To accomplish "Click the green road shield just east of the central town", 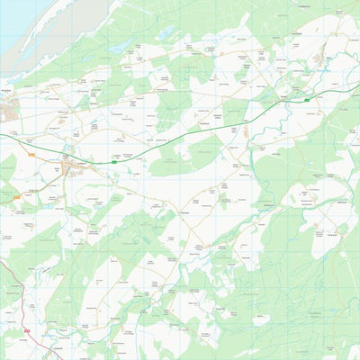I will [x=114, y=162].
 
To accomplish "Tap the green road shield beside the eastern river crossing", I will [x=308, y=101].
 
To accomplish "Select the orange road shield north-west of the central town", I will [x=31, y=155].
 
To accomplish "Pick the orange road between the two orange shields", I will [x=22, y=175].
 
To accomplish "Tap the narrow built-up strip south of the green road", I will [x=246, y=132].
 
